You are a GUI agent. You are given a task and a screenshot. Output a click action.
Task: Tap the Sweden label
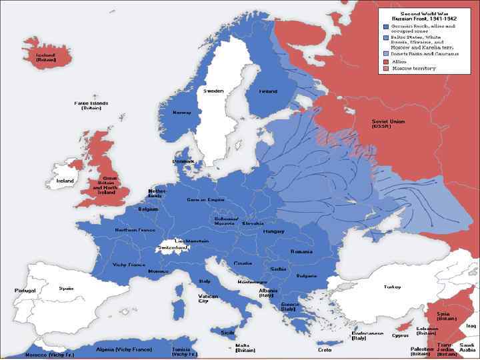[213, 91]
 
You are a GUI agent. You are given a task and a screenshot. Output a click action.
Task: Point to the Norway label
[182, 112]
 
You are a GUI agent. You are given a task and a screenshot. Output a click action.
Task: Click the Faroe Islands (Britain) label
[91, 105]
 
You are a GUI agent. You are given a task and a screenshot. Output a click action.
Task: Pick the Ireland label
[65, 181]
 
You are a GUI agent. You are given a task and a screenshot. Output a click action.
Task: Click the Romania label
[301, 252]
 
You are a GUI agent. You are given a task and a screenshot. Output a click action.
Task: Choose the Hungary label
[274, 231]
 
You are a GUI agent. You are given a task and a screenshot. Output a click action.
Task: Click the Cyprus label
[400, 336]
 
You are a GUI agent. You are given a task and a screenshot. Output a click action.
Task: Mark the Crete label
[325, 349]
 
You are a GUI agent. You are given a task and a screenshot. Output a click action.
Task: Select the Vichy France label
[129, 265]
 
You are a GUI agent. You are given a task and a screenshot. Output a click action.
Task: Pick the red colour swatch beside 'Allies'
[386, 61]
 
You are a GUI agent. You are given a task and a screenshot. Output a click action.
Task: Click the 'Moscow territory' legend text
[414, 68]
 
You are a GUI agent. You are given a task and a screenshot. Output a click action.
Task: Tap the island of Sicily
[228, 331]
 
